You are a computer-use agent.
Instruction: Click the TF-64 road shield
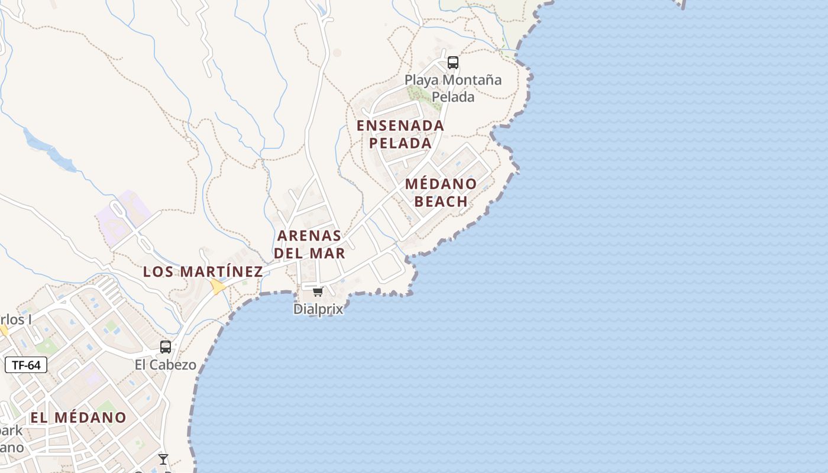click(26, 365)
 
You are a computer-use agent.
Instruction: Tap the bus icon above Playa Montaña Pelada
click(453, 62)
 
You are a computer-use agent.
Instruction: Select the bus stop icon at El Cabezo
click(166, 347)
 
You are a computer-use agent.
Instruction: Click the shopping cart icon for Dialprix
click(318, 291)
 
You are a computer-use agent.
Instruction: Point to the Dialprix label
click(318, 309)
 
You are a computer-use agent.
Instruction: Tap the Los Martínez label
click(203, 271)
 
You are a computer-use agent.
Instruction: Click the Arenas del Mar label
click(309, 244)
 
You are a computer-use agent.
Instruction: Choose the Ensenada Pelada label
click(400, 134)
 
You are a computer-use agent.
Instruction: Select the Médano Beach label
click(441, 192)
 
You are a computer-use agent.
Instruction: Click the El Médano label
click(79, 417)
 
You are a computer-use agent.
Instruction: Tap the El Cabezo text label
click(166, 365)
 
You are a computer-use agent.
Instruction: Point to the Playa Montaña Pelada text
click(453, 88)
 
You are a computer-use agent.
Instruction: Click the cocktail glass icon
click(163, 459)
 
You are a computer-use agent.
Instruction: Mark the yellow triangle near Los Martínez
click(218, 287)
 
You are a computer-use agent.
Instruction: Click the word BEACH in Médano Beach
click(441, 201)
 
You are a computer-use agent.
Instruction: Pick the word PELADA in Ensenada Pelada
click(400, 143)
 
